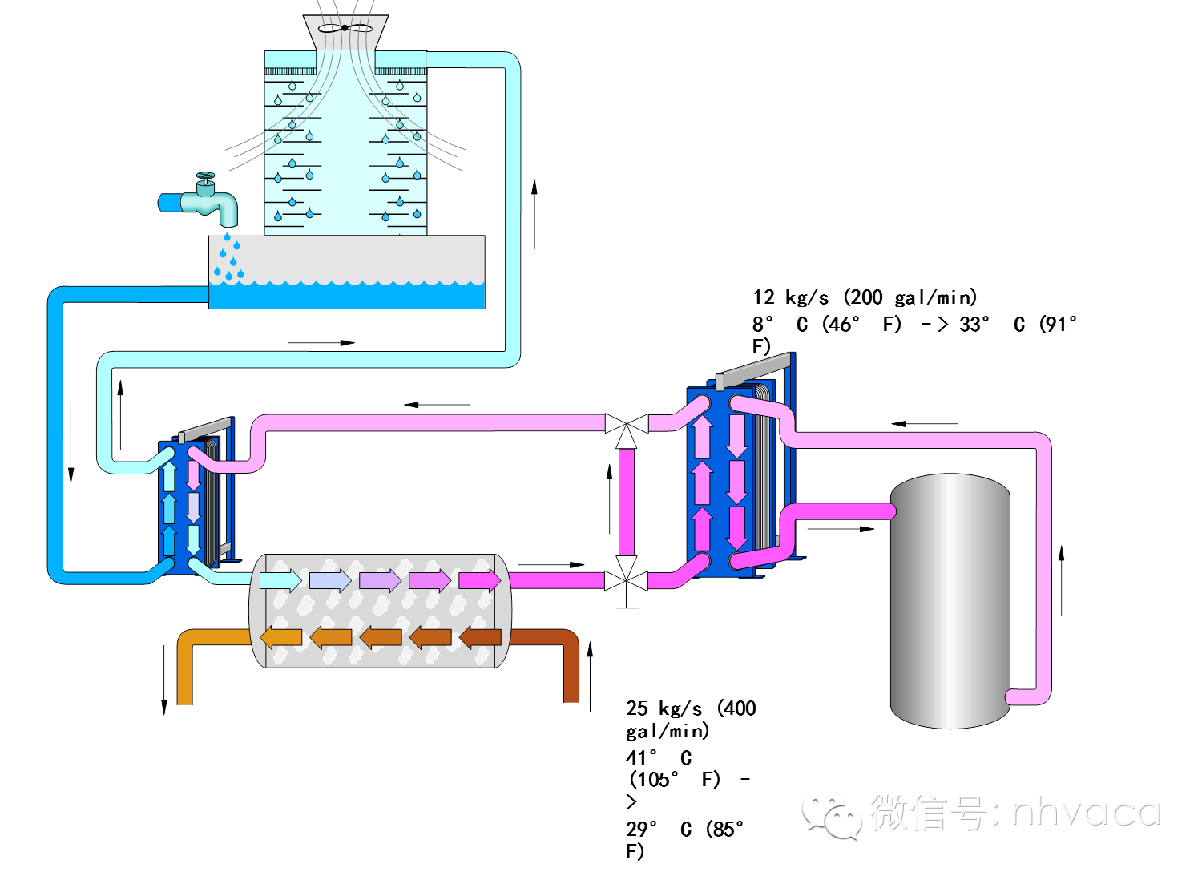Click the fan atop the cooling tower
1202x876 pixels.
(345, 28)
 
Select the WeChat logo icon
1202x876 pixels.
(832, 815)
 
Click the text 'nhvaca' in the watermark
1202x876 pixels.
(1085, 813)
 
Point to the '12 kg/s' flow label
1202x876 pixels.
(790, 297)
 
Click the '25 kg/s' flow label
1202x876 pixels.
(664, 708)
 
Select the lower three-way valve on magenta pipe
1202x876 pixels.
(627, 579)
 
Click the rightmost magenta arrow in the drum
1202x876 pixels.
(479, 579)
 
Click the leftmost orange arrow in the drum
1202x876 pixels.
(281, 637)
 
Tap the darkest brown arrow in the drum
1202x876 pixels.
(479, 637)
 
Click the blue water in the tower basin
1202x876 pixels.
(346, 296)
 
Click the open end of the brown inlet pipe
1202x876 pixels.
(571, 697)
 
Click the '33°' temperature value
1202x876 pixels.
(974, 325)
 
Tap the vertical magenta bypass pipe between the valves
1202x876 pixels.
(627, 501)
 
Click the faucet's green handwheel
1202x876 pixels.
(206, 176)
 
